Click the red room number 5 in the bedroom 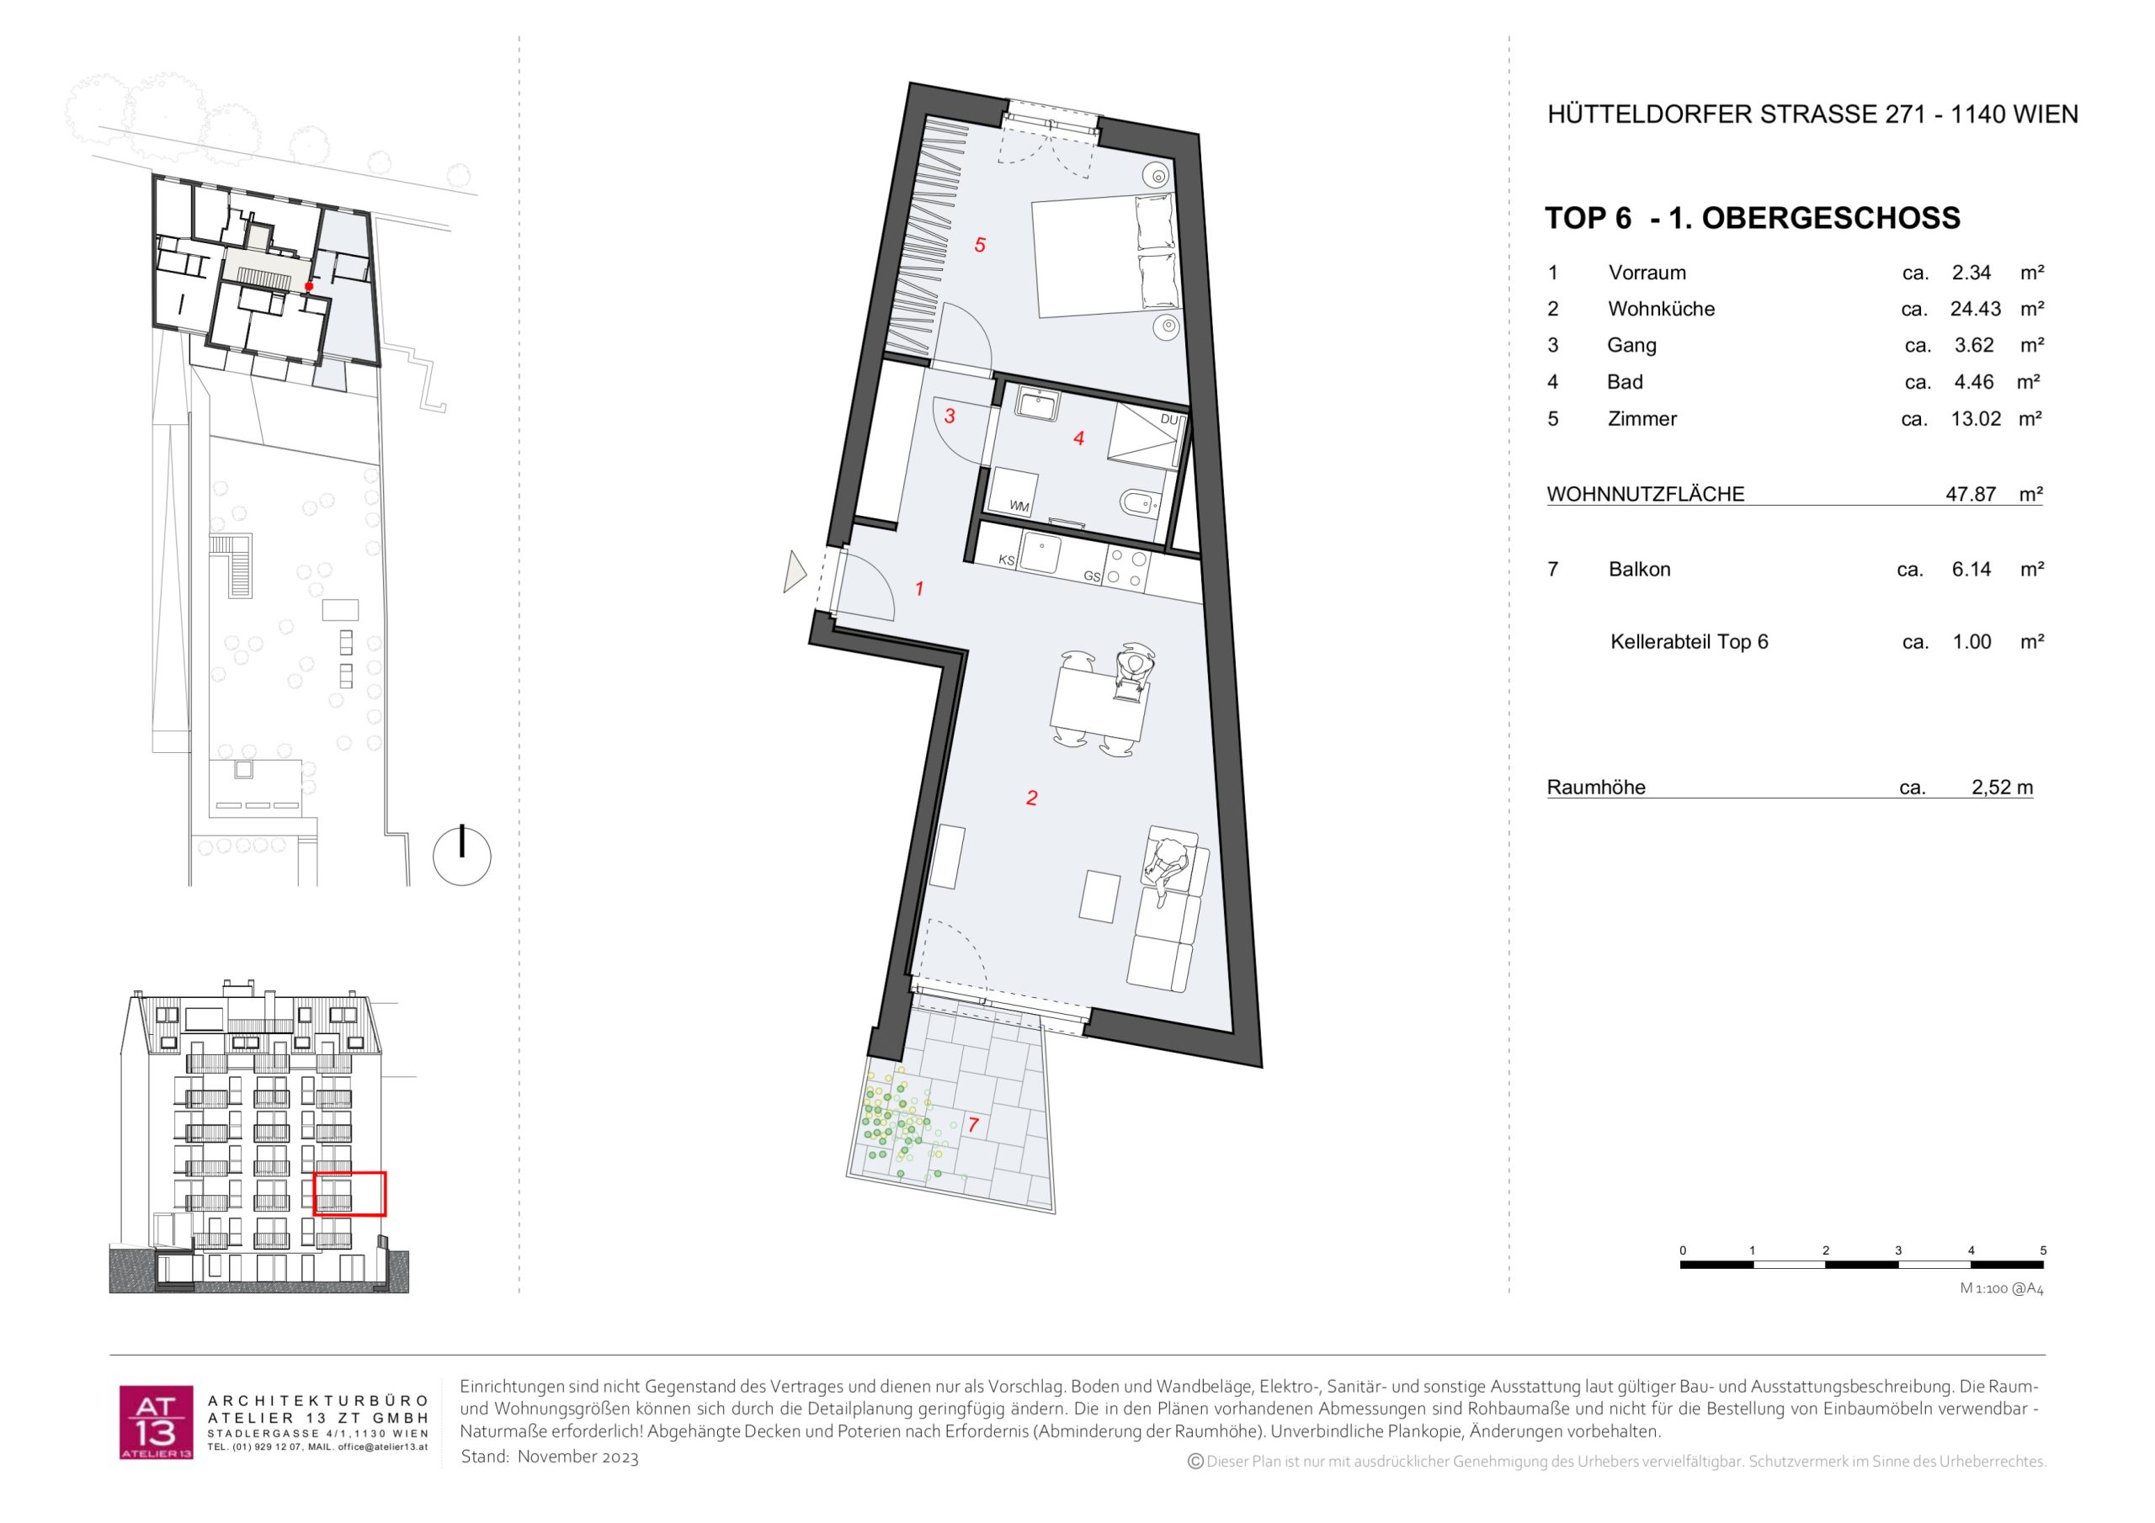(980, 246)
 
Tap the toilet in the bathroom (1137, 505)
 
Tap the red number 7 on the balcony (973, 1125)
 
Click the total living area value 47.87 (1971, 494)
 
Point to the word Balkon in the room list (1640, 569)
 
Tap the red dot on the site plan (309, 287)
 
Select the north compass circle (462, 857)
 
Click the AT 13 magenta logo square (156, 1422)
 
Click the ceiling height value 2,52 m (2002, 788)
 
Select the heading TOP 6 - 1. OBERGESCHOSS (1753, 218)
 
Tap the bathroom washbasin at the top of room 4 (1037, 406)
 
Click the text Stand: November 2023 (550, 1457)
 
